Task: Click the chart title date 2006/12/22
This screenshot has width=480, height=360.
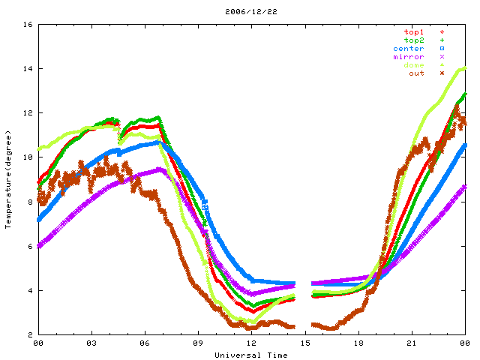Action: click(x=240, y=11)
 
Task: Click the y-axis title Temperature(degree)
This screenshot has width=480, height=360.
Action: click(x=8, y=179)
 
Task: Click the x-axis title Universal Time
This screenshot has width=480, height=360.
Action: click(x=250, y=355)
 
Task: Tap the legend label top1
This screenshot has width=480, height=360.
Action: click(x=413, y=32)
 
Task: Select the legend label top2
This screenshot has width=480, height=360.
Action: click(x=413, y=40)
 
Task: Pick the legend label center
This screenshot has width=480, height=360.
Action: click(x=408, y=49)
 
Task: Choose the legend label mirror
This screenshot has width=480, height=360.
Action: click(x=408, y=57)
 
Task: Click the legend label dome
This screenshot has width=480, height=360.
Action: click(x=413, y=65)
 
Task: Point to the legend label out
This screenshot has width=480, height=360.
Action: click(x=416, y=73)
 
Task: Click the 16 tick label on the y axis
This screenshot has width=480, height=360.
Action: click(x=26, y=25)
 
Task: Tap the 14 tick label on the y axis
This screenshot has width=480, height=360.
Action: click(x=26, y=69)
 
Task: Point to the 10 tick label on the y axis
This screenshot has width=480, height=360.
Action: click(x=26, y=157)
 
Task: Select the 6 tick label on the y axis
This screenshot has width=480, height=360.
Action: click(x=28, y=246)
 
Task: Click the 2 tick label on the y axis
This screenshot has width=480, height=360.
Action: click(x=28, y=334)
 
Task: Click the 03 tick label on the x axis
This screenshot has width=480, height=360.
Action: click(x=91, y=343)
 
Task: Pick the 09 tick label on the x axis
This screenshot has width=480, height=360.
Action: click(x=198, y=343)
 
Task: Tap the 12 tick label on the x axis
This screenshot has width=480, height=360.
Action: click(x=251, y=343)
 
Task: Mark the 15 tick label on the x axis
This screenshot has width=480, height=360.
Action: click(x=304, y=343)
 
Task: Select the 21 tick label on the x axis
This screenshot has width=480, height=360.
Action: click(x=411, y=343)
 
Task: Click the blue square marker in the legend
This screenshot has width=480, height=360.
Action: click(x=442, y=49)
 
